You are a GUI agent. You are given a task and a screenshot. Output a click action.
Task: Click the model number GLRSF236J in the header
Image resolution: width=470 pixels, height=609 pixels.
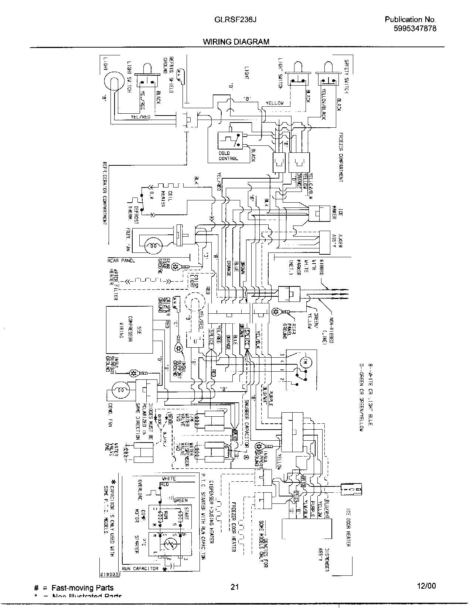235,20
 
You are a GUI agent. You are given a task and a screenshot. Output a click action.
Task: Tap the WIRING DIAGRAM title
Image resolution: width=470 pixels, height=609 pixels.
236,42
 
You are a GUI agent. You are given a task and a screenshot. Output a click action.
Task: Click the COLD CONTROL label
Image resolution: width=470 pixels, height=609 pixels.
228,156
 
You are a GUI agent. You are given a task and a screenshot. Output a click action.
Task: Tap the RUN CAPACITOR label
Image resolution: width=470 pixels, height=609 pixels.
140,568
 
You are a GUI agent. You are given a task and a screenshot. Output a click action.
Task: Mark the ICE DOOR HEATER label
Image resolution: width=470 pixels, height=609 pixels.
348,528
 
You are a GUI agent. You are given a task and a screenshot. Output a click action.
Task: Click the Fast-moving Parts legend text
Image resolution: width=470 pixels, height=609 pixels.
82,588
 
